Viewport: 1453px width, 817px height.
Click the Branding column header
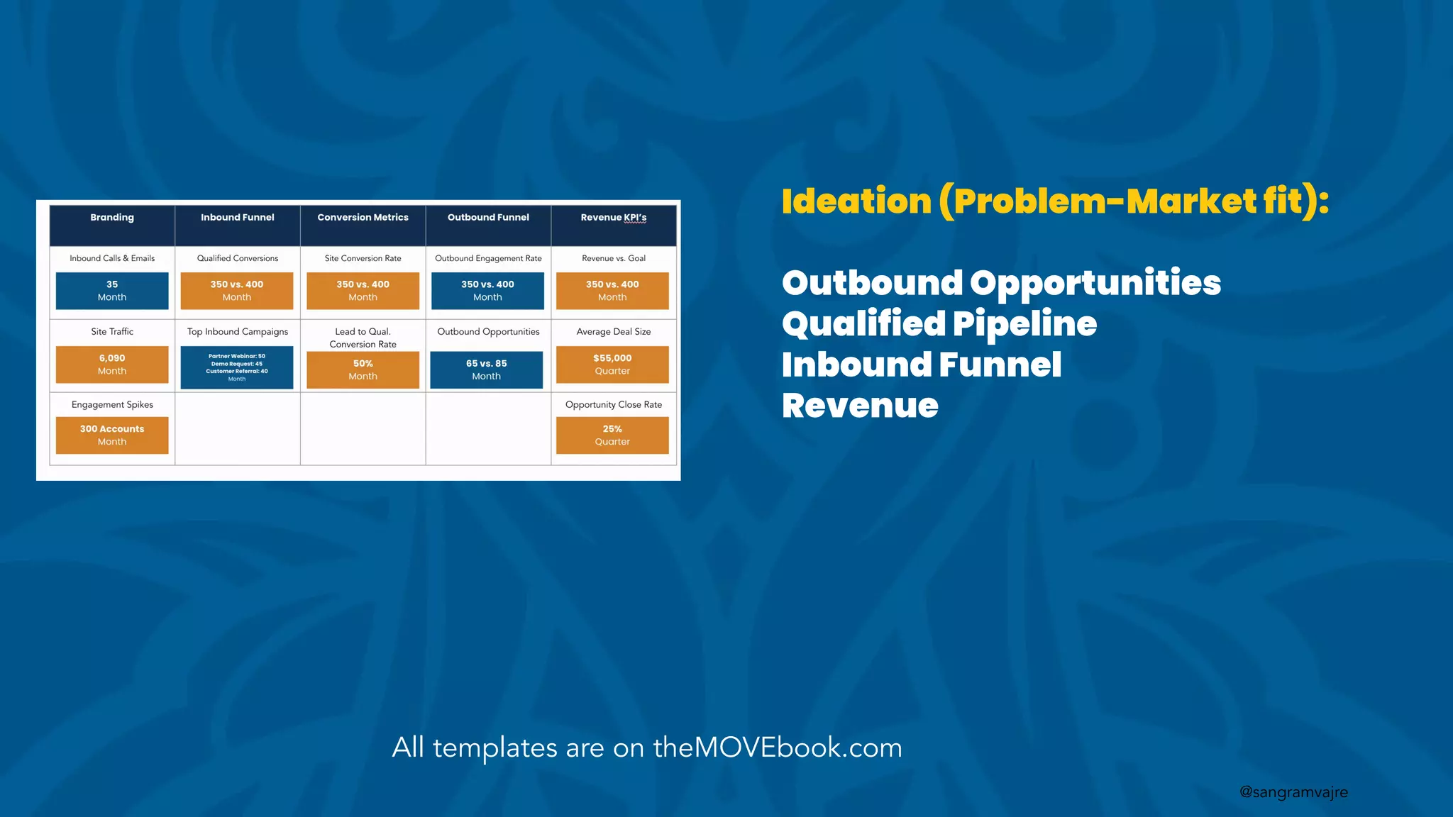[x=112, y=218]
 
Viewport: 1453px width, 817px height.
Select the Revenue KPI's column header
[x=613, y=218]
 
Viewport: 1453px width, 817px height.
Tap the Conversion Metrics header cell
[x=363, y=218]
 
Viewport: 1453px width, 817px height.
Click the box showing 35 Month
[x=112, y=291]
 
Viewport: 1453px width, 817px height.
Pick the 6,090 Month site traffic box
[x=112, y=365]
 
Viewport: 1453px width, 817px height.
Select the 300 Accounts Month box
[x=112, y=435]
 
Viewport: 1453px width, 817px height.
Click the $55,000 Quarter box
[x=612, y=365]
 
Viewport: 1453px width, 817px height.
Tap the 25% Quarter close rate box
[x=612, y=435]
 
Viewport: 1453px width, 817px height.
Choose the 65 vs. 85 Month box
[x=487, y=369]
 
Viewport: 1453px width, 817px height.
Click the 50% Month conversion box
[x=363, y=369]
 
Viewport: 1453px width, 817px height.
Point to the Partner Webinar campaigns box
[x=237, y=367]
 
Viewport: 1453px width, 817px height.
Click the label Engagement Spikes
[x=112, y=405]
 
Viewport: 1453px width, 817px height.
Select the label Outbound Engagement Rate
[x=488, y=258]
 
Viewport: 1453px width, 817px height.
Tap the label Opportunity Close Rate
[x=613, y=405]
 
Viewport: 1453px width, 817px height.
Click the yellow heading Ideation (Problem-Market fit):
[x=1055, y=201]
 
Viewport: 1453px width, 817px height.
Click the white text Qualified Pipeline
[x=939, y=324]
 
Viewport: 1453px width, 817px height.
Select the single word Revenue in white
[x=860, y=406]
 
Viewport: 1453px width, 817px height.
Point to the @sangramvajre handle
[x=1293, y=792]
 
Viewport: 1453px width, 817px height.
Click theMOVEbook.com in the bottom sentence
[x=777, y=747]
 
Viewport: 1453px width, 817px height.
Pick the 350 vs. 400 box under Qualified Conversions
[x=237, y=291]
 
